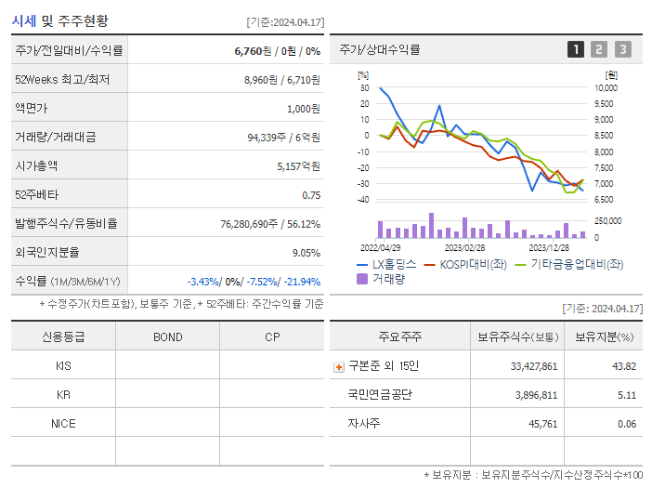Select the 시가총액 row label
click(x=36, y=166)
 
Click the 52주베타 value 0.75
click(x=311, y=195)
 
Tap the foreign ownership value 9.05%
click(x=306, y=253)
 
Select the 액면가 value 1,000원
click(x=303, y=109)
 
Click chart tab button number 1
click(x=576, y=50)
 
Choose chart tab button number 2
click(x=599, y=50)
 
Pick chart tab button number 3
click(x=622, y=50)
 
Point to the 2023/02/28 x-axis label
click(x=464, y=248)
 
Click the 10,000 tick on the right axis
click(x=605, y=88)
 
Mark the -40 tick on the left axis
click(x=363, y=200)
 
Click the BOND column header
click(x=168, y=336)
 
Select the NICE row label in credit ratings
click(x=63, y=423)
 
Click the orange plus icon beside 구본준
click(x=339, y=366)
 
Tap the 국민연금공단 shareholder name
click(x=380, y=394)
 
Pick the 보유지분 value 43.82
click(x=623, y=366)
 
